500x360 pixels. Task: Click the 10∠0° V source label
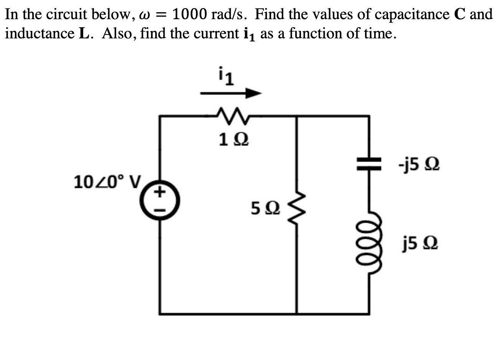click(107, 180)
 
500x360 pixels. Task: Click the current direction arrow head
click(253, 93)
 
